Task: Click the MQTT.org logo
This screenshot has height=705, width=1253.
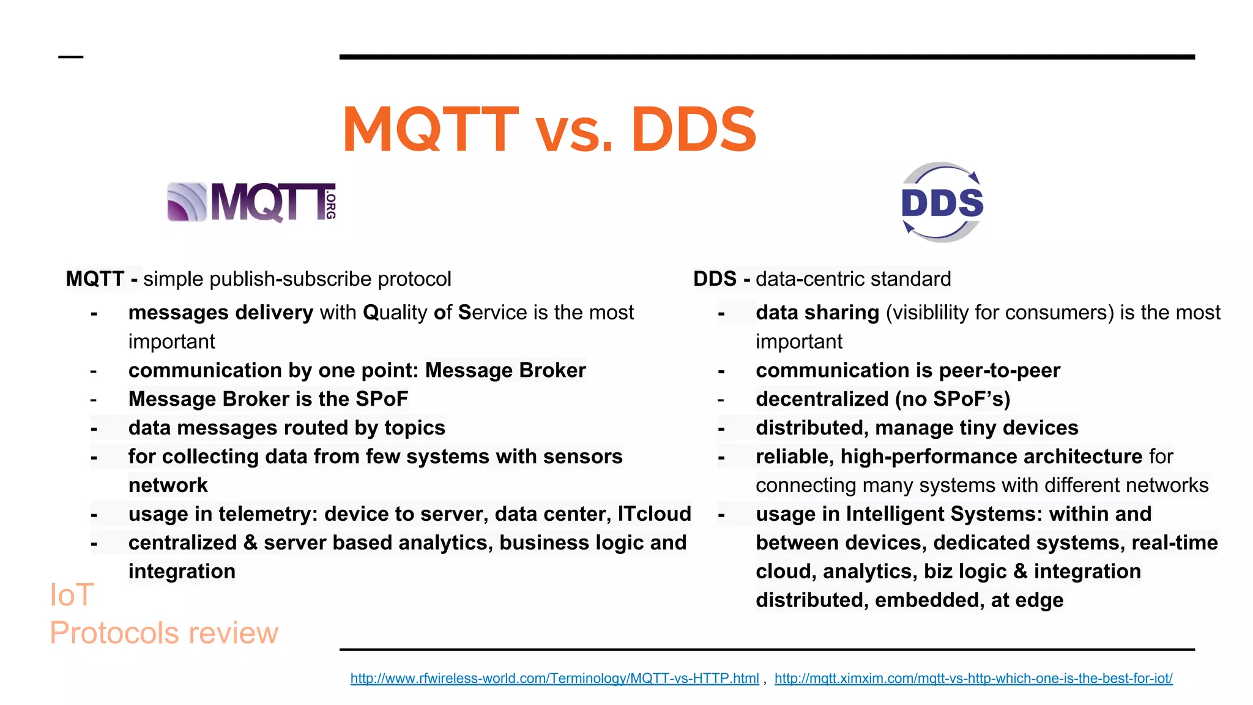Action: (251, 202)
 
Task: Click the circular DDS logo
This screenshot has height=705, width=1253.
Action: (942, 202)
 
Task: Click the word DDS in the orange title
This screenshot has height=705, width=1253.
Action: (693, 130)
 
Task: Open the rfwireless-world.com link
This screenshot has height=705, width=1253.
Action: (554, 678)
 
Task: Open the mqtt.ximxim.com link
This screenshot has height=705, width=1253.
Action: (973, 678)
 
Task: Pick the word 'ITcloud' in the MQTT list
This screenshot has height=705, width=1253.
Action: (654, 514)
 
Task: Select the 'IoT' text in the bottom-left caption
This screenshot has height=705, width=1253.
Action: (72, 595)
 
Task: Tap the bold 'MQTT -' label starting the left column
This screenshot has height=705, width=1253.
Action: (102, 279)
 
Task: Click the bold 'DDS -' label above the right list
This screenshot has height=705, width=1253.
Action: (721, 279)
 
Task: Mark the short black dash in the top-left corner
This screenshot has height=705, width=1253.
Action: (70, 57)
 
